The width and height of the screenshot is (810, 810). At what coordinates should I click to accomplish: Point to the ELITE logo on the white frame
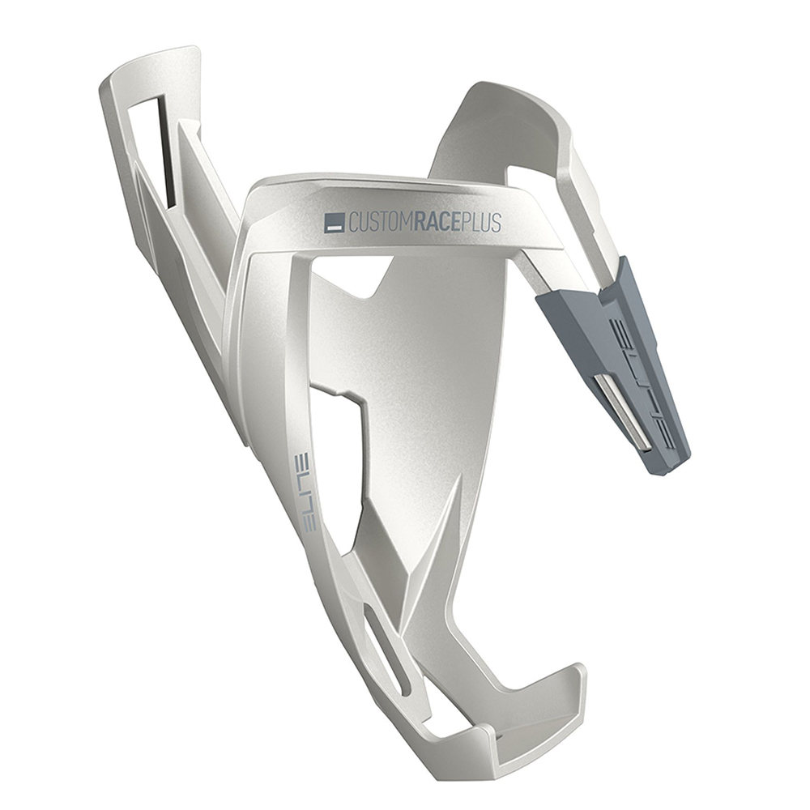click(x=309, y=489)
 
